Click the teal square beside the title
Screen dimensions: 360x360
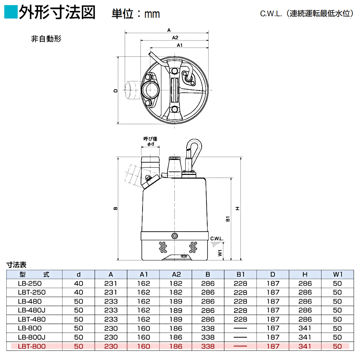pyautogui.click(x=11, y=12)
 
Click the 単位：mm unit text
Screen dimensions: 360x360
pyautogui.click(x=136, y=14)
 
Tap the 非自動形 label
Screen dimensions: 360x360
pyautogui.click(x=46, y=39)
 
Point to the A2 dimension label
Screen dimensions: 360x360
pyautogui.click(x=175, y=37)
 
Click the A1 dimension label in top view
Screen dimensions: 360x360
pyautogui.click(x=179, y=45)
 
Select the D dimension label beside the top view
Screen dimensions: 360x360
pyautogui.click(x=116, y=90)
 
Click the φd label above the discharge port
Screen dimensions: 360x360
pyautogui.click(x=151, y=144)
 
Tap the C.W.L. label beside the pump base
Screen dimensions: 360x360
pyautogui.click(x=217, y=239)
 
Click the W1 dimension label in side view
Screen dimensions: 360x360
pyautogui.click(x=220, y=253)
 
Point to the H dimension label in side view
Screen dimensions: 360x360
pyautogui.click(x=237, y=208)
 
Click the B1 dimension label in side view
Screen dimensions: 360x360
pyautogui.click(x=228, y=218)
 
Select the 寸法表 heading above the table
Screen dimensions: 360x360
pyautogui.click(x=16, y=265)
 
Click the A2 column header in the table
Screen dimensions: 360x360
pyautogui.click(x=176, y=274)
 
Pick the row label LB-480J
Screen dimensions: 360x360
pyautogui.click(x=31, y=310)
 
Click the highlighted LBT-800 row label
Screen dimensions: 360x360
pyautogui.click(x=31, y=346)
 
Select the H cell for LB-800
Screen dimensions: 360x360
pyautogui.click(x=305, y=328)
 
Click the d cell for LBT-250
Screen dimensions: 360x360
pyautogui.click(x=79, y=292)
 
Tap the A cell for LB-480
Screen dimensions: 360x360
pyautogui.click(x=111, y=301)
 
